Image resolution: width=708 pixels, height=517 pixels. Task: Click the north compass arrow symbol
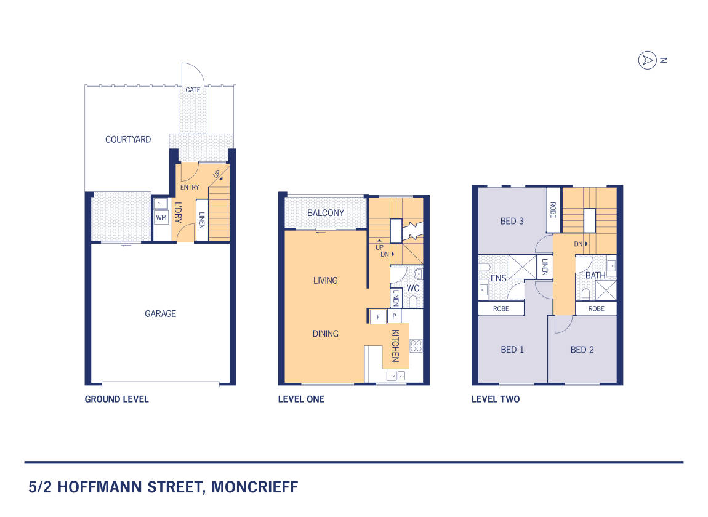tap(647, 60)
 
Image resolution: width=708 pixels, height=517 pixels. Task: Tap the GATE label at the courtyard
tap(193, 90)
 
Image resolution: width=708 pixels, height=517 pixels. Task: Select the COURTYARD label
tap(128, 140)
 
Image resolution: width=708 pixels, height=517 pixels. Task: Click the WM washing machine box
tap(161, 218)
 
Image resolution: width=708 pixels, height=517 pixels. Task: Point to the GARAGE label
tap(160, 313)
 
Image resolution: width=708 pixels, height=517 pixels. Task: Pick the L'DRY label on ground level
tap(178, 213)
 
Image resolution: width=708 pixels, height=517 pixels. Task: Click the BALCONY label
tap(326, 213)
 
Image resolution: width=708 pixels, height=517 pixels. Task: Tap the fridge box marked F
tap(378, 317)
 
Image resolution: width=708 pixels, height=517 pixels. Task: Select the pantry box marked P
tap(394, 316)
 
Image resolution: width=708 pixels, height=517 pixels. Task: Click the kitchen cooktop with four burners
tap(416, 346)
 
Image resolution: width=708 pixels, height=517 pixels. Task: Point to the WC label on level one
tap(412, 288)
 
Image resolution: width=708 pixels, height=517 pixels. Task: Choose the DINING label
tap(326, 334)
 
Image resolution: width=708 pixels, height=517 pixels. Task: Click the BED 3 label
tap(512, 221)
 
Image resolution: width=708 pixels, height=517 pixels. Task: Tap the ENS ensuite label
tap(499, 278)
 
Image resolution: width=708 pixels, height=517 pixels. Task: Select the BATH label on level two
tap(595, 275)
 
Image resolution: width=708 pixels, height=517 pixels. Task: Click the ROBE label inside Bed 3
tap(553, 209)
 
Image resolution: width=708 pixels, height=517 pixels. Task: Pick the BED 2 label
tap(582, 350)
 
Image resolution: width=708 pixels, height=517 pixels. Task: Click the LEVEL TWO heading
tap(496, 399)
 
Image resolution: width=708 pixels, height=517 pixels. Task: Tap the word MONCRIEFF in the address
tap(255, 487)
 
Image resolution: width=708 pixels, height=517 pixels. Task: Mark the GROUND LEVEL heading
tap(116, 399)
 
